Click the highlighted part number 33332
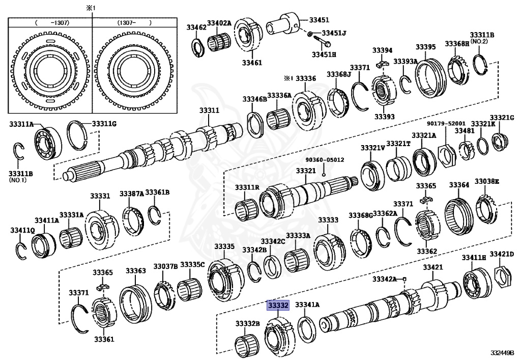tap(278, 306)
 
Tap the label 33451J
tap(334, 34)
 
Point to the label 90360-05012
tap(325, 159)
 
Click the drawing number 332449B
tap(503, 352)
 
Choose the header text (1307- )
tap(134, 23)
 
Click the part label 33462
tap(196, 27)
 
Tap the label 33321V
tap(373, 148)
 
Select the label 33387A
tap(132, 194)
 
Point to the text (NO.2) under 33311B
tap(478, 41)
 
